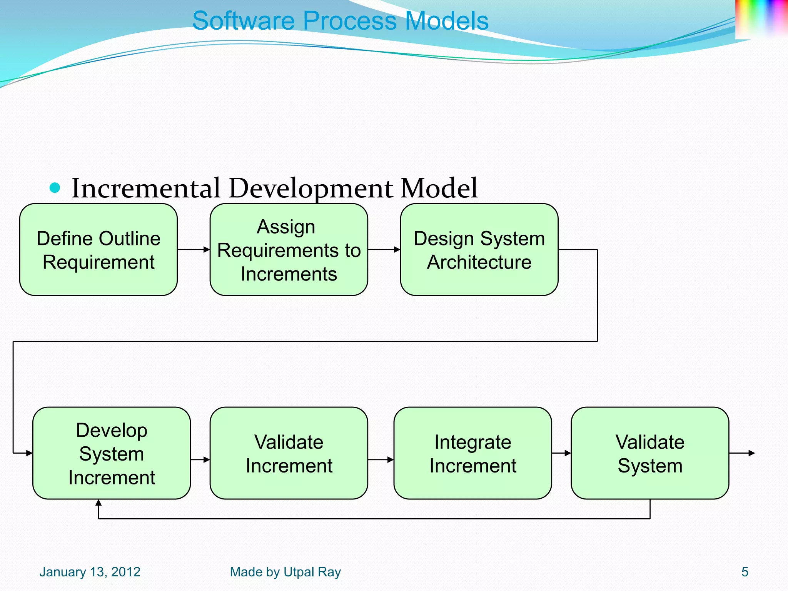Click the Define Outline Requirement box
coord(98,250)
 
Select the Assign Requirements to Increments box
coord(289,250)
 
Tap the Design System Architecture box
coord(479,250)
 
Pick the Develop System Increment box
coord(112,453)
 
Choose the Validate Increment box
coord(289,453)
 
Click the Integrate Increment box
coord(472,453)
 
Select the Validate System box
coord(650,453)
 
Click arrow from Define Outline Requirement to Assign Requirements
coord(194,250)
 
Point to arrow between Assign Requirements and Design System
coord(384,250)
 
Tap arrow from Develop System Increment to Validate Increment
coord(200,459)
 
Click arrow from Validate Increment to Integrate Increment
coord(381,459)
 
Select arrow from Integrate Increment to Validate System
coord(561,453)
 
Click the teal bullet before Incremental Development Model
coord(55,188)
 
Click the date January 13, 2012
coord(90,572)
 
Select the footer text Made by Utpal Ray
coord(285,572)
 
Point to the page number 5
coord(745,572)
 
